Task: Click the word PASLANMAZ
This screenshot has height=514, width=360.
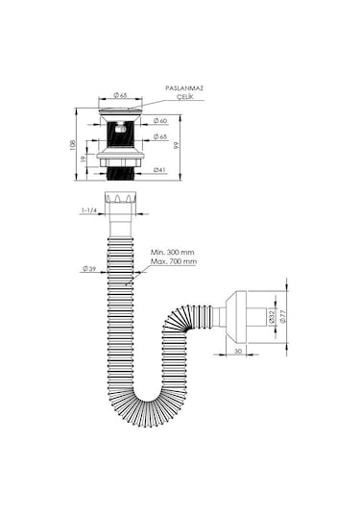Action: point(184,88)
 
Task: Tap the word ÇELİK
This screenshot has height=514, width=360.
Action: point(185,96)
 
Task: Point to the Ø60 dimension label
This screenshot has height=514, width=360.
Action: point(160,121)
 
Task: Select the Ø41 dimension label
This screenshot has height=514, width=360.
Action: point(159,170)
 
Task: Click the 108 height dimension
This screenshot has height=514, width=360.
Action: point(72,145)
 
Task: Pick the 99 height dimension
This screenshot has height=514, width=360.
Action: point(177,145)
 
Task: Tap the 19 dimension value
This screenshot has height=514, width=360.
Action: point(84,159)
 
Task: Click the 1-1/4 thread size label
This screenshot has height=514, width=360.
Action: point(89,210)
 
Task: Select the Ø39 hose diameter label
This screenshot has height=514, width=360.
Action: point(89,269)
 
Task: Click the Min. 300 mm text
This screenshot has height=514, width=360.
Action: point(172,252)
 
